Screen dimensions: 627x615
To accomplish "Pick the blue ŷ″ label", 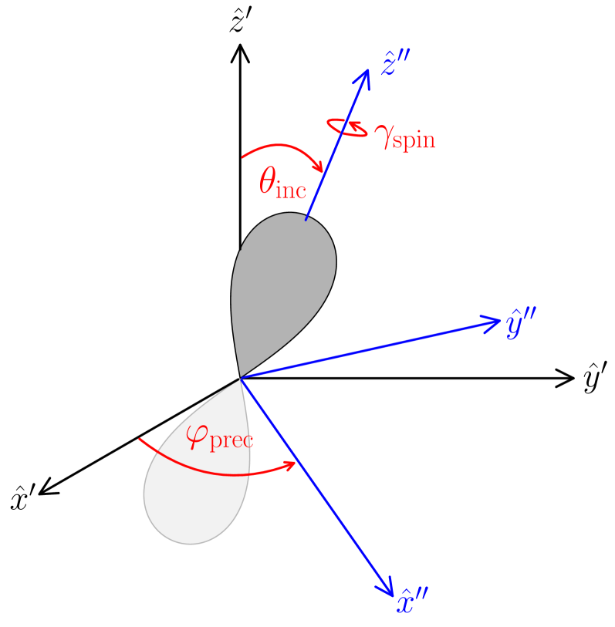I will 522,325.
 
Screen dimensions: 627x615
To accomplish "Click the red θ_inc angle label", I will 282,184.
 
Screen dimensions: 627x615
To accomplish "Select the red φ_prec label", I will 221,437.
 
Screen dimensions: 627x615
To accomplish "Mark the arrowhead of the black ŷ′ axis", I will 568,378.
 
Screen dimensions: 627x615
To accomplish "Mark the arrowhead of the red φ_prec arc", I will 292,464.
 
